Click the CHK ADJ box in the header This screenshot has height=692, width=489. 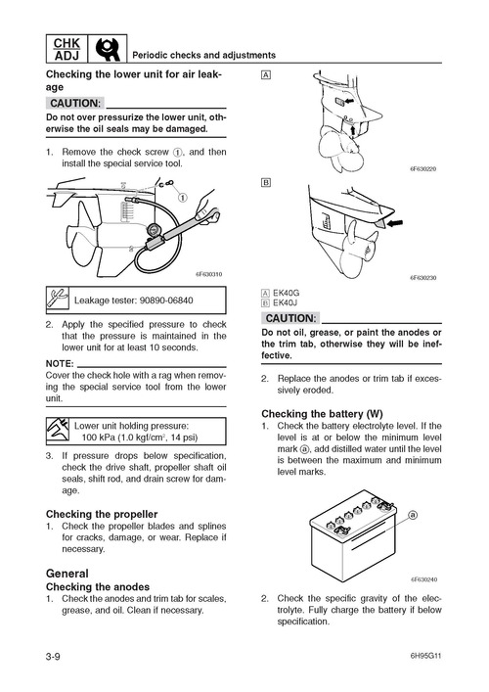pyautogui.click(x=65, y=48)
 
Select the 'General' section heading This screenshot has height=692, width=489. pyautogui.click(x=67, y=573)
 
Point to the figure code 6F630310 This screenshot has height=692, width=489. pyautogui.click(x=207, y=274)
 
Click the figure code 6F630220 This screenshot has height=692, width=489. pyautogui.click(x=422, y=168)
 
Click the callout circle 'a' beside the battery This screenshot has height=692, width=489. pyautogui.click(x=414, y=515)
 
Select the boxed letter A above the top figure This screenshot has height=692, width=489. pyautogui.click(x=266, y=76)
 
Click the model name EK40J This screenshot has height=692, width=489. pyautogui.click(x=290, y=303)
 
